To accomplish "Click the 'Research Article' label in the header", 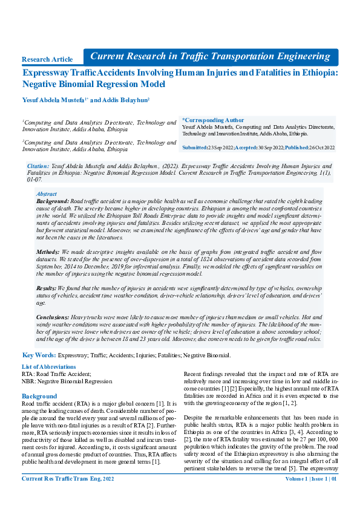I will click(x=47, y=59).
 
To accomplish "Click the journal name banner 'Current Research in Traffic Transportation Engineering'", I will click(x=210, y=56).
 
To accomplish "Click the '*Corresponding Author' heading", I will click(x=213, y=120).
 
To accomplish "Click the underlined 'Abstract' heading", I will click(x=47, y=194).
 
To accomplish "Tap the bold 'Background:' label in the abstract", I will click(x=53, y=200).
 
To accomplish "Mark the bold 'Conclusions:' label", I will click(x=52, y=316).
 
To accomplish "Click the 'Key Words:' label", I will click(x=39, y=355).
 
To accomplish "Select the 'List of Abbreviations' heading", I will click(x=48, y=367).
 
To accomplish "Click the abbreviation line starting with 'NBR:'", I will click(x=67, y=381).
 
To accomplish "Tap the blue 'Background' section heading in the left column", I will click(x=39, y=397).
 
